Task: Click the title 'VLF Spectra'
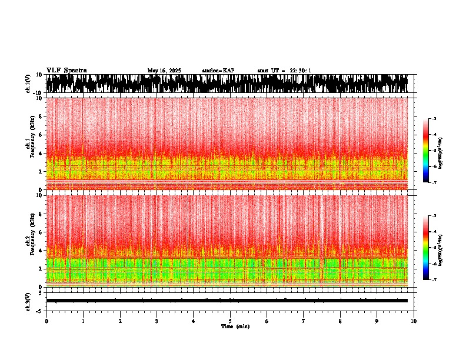(x=66, y=70)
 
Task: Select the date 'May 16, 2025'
(x=164, y=71)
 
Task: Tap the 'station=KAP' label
(x=218, y=71)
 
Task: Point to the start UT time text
(x=284, y=71)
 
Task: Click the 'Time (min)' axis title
(x=235, y=326)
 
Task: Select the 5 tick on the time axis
(x=230, y=321)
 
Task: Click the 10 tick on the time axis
(x=414, y=321)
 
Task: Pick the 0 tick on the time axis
(x=46, y=321)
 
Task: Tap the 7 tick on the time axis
(x=304, y=321)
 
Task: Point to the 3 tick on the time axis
(x=157, y=321)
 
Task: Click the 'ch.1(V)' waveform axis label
(x=28, y=84)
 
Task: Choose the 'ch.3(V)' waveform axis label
(x=28, y=301)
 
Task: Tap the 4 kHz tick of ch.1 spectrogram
(x=41, y=153)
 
